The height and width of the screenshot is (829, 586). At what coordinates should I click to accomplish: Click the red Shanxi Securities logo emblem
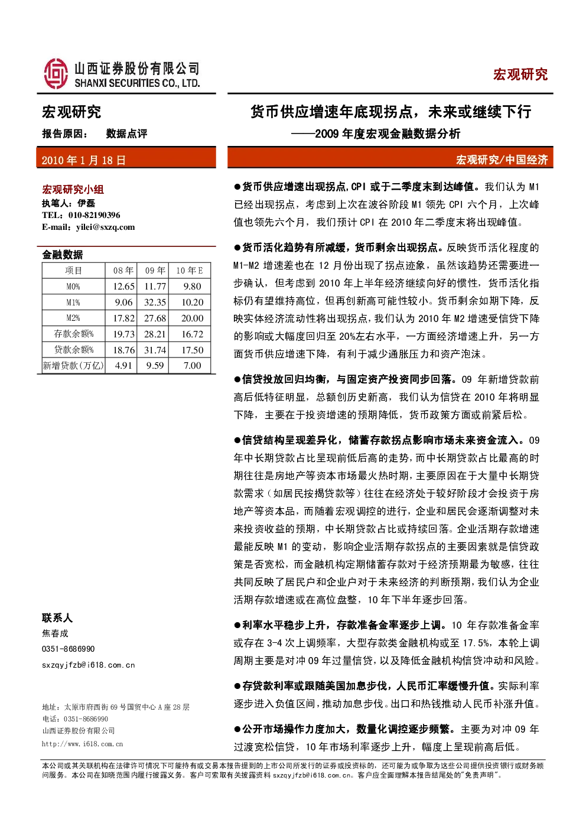point(56,73)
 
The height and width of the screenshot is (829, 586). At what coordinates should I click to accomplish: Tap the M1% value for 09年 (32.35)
point(155,303)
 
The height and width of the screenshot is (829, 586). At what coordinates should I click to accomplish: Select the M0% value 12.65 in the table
point(123,287)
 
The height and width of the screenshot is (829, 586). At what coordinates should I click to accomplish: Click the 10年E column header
point(190,271)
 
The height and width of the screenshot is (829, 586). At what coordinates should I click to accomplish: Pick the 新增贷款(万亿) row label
point(73,366)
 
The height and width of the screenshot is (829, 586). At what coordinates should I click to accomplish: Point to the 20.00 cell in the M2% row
point(193,318)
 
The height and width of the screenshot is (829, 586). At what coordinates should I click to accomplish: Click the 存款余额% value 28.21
point(155,334)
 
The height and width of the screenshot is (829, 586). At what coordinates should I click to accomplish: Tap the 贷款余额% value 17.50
point(193,350)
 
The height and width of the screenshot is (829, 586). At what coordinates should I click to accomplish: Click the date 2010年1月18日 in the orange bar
point(84,160)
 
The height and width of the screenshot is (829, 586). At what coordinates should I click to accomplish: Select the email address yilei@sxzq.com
point(105,227)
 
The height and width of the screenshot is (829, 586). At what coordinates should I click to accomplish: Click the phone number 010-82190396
point(94,215)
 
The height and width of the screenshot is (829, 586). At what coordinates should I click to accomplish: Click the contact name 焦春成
point(55,633)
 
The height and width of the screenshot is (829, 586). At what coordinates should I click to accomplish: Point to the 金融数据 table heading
point(63,255)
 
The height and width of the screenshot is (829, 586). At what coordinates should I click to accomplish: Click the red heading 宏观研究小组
point(73,190)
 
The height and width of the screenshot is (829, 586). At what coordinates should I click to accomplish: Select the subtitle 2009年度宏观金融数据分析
point(388,134)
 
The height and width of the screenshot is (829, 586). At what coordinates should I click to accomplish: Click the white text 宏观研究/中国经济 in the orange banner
point(502,160)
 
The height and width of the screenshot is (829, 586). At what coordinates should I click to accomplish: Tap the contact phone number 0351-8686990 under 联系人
point(68,649)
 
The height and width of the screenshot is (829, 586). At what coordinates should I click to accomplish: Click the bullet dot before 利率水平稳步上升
point(237,626)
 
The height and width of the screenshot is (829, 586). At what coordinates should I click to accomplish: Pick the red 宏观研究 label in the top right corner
point(520,74)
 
